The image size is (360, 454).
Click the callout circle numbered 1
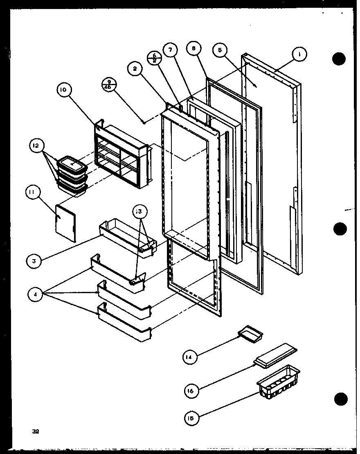click(299, 54)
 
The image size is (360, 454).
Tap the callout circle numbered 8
click(193, 49)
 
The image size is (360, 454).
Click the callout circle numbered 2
click(134, 69)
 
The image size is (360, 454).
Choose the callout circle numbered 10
click(65, 90)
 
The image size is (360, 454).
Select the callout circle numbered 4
click(36, 294)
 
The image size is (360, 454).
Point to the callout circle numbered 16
click(191, 391)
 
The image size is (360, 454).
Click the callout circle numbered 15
click(191, 418)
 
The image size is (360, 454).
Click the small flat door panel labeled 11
click(65, 223)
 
